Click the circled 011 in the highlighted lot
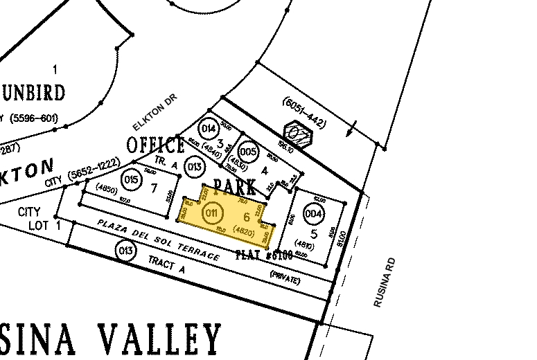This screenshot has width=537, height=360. click(212, 214)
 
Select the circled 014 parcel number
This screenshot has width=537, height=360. click(209, 129)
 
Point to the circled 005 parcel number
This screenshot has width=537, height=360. click(247, 152)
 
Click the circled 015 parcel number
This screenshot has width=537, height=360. click(132, 179)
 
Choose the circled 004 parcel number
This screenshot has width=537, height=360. click(314, 214)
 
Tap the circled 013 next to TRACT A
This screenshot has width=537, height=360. click(125, 251)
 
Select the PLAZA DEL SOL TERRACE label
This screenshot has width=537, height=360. click(159, 240)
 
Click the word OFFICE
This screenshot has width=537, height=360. click(156, 145)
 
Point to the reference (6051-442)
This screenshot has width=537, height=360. click(304, 114)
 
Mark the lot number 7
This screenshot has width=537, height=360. click(154, 188)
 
